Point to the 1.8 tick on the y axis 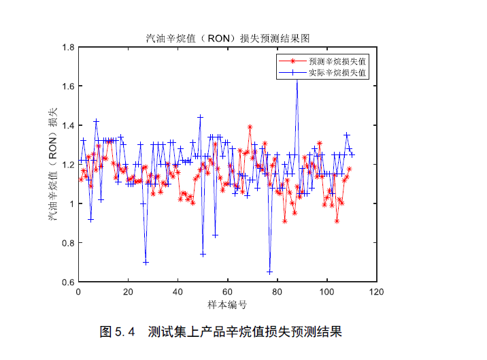pyautogui.click(x=68, y=48)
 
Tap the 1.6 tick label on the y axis pyautogui.click(x=68, y=86)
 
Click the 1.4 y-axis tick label pyautogui.click(x=68, y=126)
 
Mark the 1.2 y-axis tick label pyautogui.click(x=68, y=165)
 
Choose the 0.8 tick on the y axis pyautogui.click(x=68, y=243)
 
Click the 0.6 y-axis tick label pyautogui.click(x=68, y=282)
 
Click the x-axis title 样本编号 pyautogui.click(x=227, y=304)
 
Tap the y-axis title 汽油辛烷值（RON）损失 pyautogui.click(x=52, y=165)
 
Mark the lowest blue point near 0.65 pyautogui.click(x=269, y=272)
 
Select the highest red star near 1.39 pyautogui.click(x=250, y=127)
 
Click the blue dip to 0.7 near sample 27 pyautogui.click(x=146, y=263)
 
